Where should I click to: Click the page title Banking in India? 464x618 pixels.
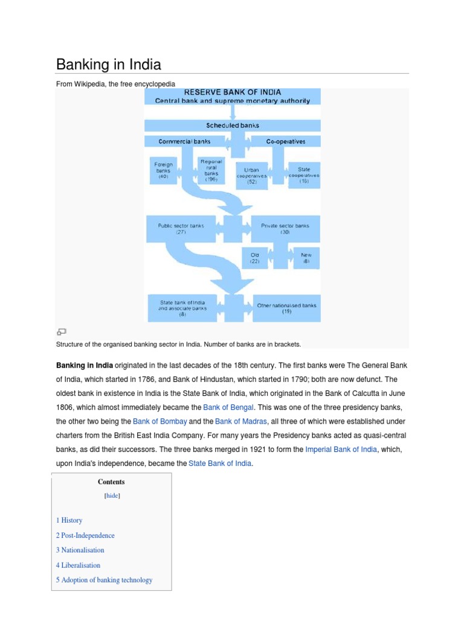109,65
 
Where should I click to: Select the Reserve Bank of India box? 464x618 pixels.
233,97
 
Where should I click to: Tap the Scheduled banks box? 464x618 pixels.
233,126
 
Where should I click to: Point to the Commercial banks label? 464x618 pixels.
184,142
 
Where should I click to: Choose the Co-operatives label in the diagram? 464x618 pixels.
285,142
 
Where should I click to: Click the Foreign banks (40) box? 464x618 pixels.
163,171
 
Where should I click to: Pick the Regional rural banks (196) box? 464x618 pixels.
211,171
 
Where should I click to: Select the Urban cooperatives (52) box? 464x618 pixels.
251,175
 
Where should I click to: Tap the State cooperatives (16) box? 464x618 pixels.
303,175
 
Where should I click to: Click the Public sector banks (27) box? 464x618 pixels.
181,229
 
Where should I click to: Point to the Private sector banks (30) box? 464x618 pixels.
285,229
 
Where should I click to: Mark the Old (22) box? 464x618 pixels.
254,258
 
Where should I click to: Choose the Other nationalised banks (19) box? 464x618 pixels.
286,308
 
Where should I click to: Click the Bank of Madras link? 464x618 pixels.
233,421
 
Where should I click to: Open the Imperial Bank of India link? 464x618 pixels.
341,450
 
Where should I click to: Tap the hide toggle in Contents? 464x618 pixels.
112,495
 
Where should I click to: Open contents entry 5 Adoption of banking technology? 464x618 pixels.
104,580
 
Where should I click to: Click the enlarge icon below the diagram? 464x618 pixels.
61,331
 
